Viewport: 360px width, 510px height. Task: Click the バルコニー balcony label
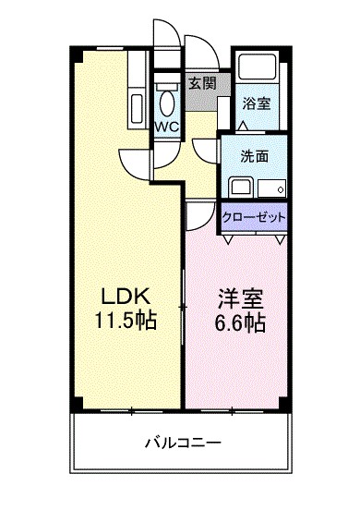pyautogui.click(x=182, y=443)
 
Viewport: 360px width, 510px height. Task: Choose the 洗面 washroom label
pyautogui.click(x=256, y=156)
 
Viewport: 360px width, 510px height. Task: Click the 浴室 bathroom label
pyautogui.click(x=256, y=103)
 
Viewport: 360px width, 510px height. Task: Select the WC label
pyautogui.click(x=166, y=126)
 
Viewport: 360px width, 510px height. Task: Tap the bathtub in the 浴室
pyautogui.click(x=256, y=70)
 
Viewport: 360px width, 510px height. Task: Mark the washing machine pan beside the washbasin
pyautogui.click(x=272, y=185)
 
